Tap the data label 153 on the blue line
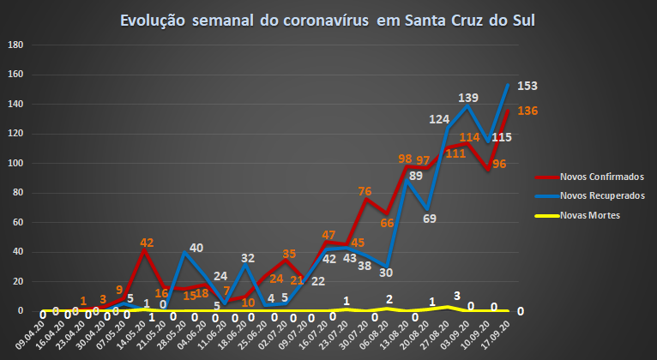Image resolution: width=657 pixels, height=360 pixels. tap(526, 87)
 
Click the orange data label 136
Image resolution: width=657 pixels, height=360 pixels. tap(527, 111)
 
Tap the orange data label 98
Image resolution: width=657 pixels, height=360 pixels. tap(405, 159)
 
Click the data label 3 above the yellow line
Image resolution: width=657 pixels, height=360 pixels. tap(457, 295)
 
